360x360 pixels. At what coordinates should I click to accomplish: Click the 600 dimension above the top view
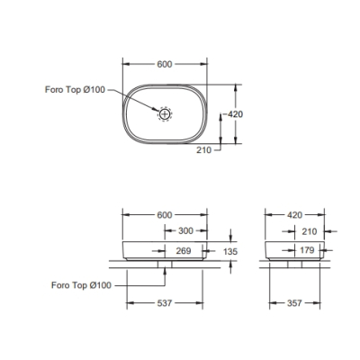click(x=165, y=64)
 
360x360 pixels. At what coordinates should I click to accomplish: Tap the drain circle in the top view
click(x=165, y=113)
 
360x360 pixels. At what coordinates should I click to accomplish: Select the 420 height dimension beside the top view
click(x=235, y=114)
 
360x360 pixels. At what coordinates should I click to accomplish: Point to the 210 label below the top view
click(x=204, y=149)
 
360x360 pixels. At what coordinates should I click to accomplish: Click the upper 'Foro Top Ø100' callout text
click(x=75, y=89)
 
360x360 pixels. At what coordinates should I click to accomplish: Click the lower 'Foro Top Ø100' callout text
click(x=81, y=285)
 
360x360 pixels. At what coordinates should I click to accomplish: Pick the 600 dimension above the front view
click(x=165, y=215)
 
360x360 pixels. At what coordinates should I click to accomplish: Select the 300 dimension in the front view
click(x=186, y=231)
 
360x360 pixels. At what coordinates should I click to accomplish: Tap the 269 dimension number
click(x=184, y=250)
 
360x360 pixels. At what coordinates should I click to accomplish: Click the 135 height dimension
click(x=230, y=251)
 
